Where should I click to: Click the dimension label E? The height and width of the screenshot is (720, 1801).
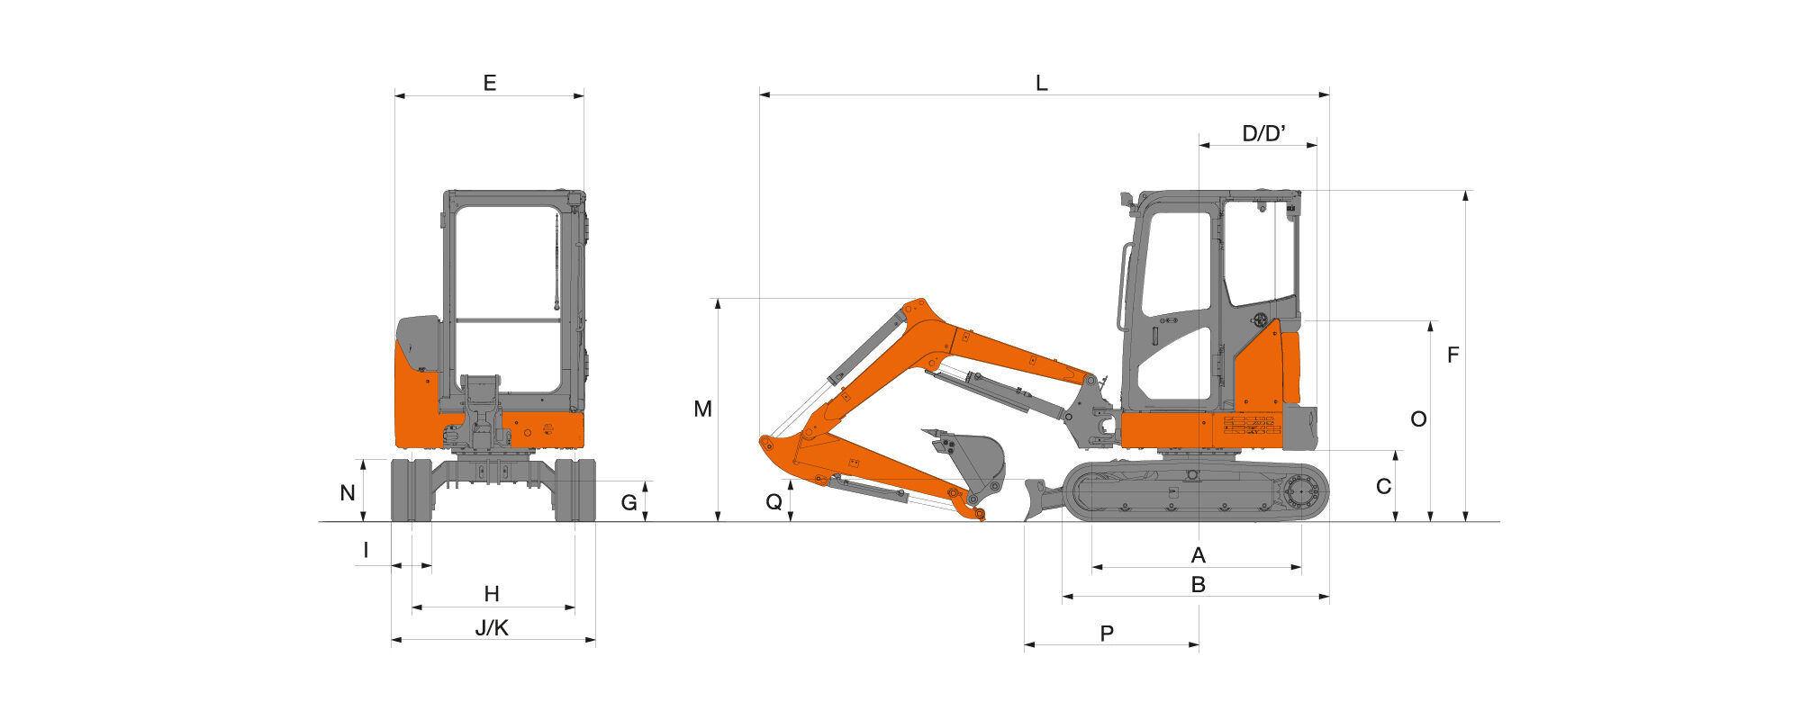coord(490,83)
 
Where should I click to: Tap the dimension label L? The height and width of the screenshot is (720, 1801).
coord(1042,83)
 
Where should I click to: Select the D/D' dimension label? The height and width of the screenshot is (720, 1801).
coord(1263,133)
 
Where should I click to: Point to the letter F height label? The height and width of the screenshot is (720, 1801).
coord(1453,355)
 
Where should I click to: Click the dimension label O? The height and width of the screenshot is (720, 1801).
coord(1418,418)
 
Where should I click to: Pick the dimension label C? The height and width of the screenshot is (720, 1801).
coord(1384,486)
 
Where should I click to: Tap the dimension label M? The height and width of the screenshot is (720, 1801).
coord(702,409)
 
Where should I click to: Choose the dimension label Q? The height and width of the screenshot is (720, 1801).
coord(774,502)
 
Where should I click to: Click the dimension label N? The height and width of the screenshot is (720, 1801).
coord(348,493)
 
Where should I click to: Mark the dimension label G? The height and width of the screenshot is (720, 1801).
coord(629,502)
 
